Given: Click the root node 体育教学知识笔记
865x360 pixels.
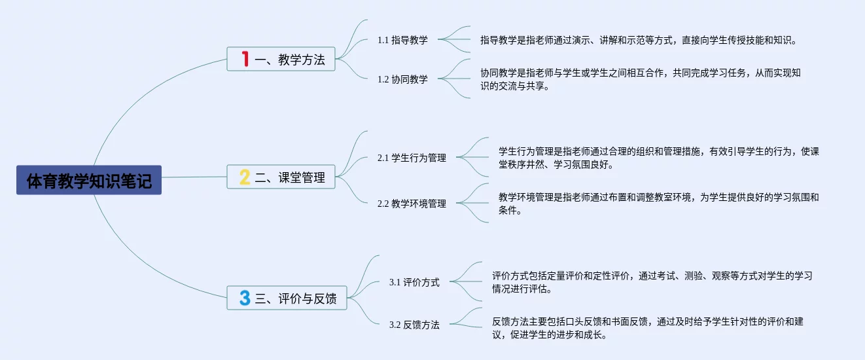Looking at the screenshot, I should coord(89,180).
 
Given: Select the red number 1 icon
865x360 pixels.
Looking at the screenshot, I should coord(245,59).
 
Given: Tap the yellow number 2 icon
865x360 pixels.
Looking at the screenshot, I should coord(245,177).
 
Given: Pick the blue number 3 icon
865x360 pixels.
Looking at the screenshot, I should coord(245,298).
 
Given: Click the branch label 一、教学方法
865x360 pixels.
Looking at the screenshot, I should coord(290,60).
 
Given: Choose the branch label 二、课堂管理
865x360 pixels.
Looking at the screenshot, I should coord(290,177).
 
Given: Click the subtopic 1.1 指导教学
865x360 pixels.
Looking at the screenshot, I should coord(402,40).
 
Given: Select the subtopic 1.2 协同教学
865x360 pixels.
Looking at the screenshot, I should coord(402,79).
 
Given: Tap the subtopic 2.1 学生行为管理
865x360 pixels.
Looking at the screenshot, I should coord(412,158).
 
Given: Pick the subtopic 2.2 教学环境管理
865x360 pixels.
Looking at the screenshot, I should coord(412,204).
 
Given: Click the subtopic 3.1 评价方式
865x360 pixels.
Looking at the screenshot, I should coord(414,282).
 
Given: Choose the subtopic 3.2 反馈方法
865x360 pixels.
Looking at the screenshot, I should coord(414,325).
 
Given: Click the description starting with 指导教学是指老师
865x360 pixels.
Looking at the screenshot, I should coord(638,40).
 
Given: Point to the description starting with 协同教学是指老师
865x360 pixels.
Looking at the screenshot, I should coord(640,79).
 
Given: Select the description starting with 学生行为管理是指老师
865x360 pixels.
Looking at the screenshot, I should coord(658,158).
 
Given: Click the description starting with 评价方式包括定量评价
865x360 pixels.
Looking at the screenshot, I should coord(652,282).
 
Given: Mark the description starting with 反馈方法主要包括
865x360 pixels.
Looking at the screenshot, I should coord(652,328).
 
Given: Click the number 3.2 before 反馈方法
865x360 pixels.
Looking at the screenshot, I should coord(395,325).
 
